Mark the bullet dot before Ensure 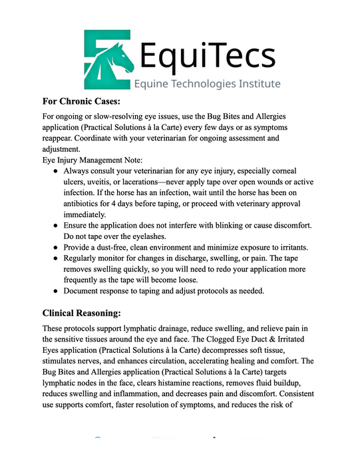56,226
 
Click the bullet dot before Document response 56,290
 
